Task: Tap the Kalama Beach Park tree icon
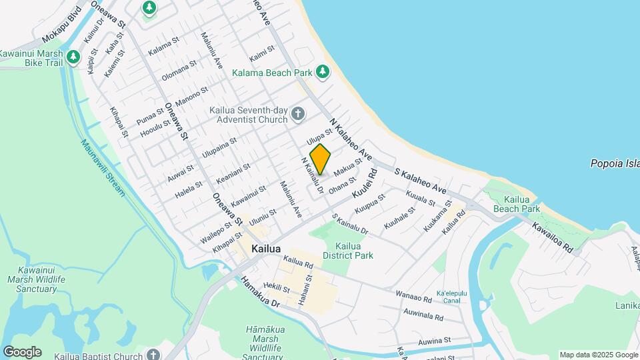[x=323, y=71]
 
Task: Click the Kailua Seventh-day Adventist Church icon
[x=297, y=115]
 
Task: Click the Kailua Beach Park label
[x=517, y=204]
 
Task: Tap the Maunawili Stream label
[x=103, y=167]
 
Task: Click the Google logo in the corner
[x=22, y=352]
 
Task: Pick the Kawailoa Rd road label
[x=553, y=237]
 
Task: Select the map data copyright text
[x=598, y=355]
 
